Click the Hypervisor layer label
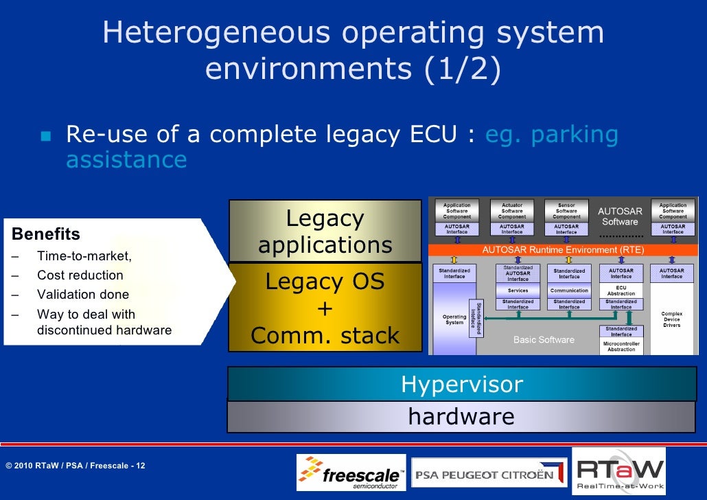click(461, 385)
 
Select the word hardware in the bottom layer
click(461, 416)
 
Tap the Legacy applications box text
click(325, 231)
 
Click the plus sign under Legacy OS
click(325, 309)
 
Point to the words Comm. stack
click(325, 335)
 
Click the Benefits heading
click(46, 234)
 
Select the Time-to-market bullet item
click(84, 256)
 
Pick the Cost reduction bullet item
click(80, 275)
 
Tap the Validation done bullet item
click(82, 295)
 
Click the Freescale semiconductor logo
click(351, 472)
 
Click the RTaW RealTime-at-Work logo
click(618, 472)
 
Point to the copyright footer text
click(75, 466)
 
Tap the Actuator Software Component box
click(512, 211)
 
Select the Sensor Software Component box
click(566, 211)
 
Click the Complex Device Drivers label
click(671, 319)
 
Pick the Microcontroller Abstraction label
click(621, 346)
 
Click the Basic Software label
click(544, 340)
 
